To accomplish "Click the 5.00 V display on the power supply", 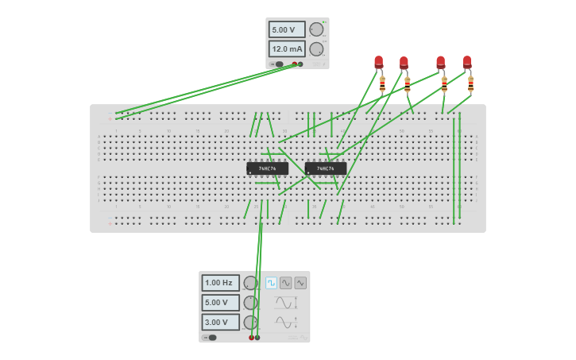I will (x=286, y=29).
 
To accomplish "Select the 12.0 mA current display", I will (x=286, y=49).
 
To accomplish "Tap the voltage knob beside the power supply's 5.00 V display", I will (x=316, y=29).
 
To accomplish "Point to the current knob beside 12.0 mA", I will (x=316, y=49).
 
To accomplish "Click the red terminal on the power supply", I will (x=295, y=64).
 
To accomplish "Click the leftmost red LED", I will (x=379, y=62).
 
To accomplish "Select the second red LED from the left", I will (x=404, y=63).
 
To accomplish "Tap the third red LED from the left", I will (x=441, y=62).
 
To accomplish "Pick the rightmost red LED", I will (x=467, y=62).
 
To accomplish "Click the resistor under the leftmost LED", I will (x=382, y=83).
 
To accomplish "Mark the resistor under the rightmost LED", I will (x=470, y=83).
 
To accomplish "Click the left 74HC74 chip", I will (x=267, y=168).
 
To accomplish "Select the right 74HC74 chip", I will (x=326, y=168).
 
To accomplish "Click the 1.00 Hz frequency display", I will (x=220, y=283).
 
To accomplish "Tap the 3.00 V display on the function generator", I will (x=220, y=323).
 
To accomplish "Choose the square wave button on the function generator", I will (x=272, y=283).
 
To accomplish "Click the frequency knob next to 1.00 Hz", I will (x=250, y=283).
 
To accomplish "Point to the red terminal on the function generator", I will (x=252, y=338).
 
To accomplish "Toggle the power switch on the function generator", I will (x=211, y=338).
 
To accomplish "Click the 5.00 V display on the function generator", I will (x=220, y=303).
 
